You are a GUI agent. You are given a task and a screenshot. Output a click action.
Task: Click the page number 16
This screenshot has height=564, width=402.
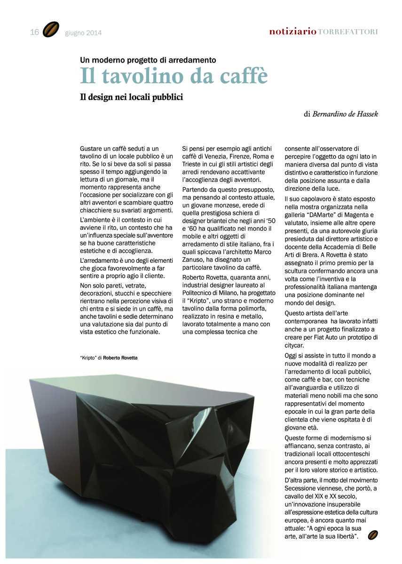(34, 32)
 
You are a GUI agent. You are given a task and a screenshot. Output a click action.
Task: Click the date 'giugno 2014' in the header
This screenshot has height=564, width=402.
(83, 33)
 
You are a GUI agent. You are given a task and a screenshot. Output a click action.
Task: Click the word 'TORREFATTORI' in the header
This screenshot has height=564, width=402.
(347, 32)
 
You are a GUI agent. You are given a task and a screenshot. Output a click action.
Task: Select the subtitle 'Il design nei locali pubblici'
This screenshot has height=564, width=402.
(131, 97)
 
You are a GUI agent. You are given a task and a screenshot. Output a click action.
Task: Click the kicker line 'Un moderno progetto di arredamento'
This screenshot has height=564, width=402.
(148, 60)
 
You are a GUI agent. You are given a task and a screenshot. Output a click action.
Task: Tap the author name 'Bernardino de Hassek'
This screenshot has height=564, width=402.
(345, 114)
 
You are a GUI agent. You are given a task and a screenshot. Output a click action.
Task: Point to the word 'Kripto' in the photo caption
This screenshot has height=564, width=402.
(88, 358)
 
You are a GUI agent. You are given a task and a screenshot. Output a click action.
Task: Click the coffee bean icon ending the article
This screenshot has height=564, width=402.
(373, 535)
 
